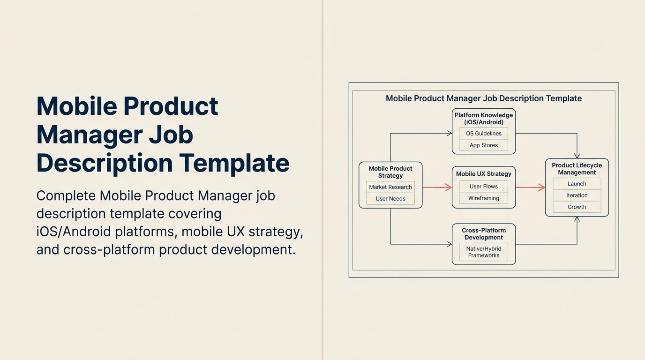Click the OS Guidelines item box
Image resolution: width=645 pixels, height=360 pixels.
pos(483,134)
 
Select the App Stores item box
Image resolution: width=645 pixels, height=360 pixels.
pos(483,145)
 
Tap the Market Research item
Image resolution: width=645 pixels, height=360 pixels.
pos(390,187)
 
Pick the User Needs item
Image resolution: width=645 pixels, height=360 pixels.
pos(390,199)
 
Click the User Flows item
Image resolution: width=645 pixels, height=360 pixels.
pos(483,187)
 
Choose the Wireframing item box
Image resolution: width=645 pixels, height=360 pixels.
pos(483,198)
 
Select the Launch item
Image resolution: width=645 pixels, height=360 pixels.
pos(577,184)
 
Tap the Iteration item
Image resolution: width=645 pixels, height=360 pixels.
pos(577,195)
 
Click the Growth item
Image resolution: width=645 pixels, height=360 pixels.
pos(577,207)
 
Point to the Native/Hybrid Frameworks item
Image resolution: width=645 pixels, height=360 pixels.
pos(483,252)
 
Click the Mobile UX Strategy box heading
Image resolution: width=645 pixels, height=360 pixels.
pos(483,174)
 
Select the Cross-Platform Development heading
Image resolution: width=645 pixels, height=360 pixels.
pos(483,234)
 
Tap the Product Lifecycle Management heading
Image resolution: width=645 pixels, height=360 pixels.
pos(577,169)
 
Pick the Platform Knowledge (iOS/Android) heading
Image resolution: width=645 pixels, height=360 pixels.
pos(483,119)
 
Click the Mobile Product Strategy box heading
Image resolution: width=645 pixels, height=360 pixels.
pos(390,172)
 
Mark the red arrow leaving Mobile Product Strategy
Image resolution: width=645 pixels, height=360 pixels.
pos(436,187)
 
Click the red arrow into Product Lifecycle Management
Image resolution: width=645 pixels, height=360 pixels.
pos(530,187)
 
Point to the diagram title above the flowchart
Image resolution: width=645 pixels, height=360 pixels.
pos(483,98)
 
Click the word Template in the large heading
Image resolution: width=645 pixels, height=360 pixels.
pos(234,163)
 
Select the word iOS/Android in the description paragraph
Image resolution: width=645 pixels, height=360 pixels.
pos(74,232)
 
